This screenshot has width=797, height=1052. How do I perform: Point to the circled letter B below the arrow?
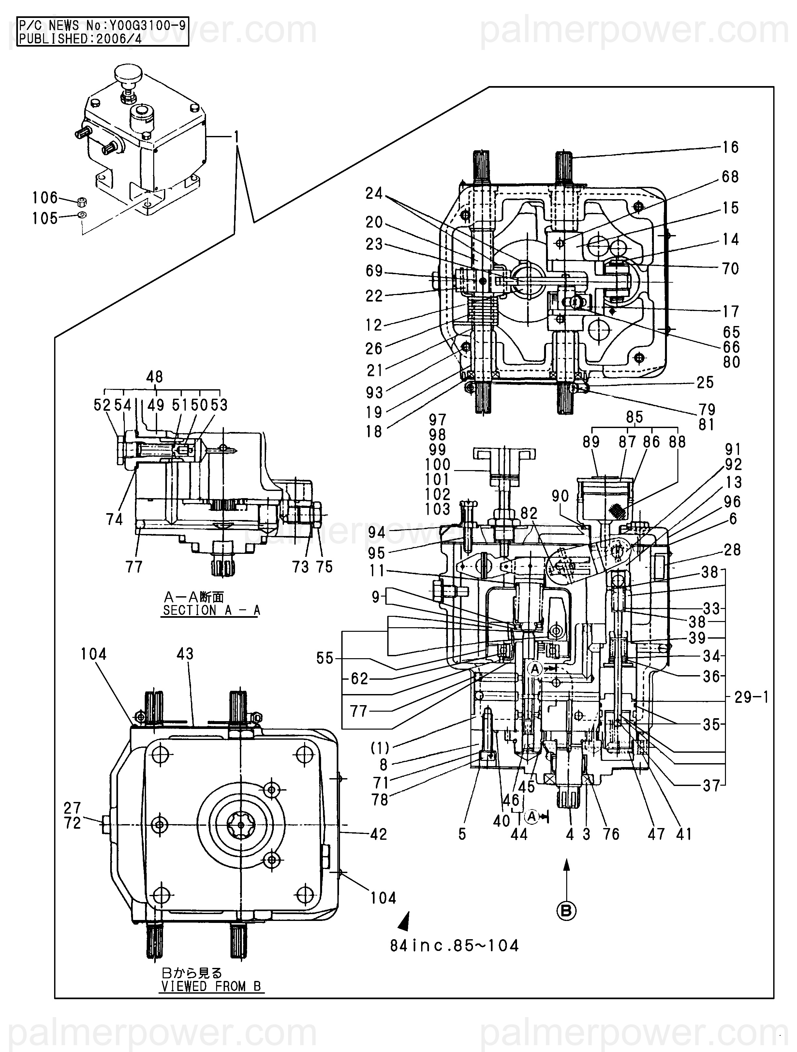click(x=566, y=911)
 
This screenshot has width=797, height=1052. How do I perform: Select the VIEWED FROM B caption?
click(x=211, y=986)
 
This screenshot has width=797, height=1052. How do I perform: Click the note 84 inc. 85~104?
click(x=454, y=945)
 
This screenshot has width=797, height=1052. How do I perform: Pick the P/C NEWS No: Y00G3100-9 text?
click(x=102, y=25)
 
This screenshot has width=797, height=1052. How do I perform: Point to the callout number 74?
click(x=114, y=519)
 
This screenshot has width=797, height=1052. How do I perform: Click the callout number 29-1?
click(x=751, y=697)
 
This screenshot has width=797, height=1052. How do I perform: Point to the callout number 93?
click(x=374, y=393)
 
